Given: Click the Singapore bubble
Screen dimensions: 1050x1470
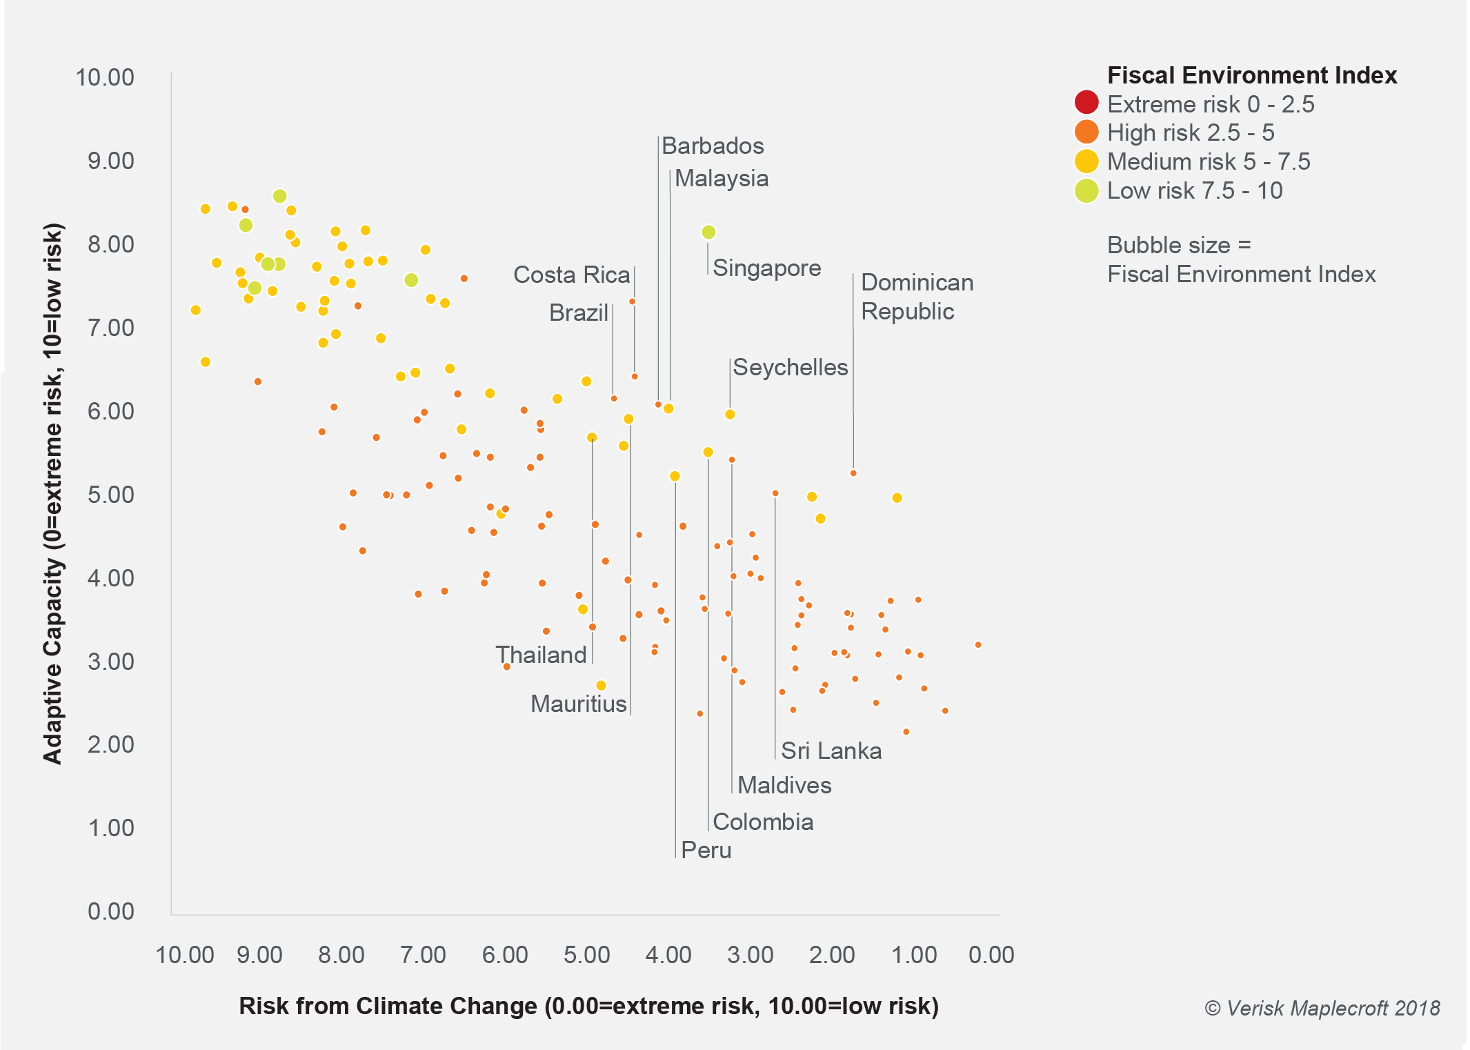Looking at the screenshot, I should [708, 232].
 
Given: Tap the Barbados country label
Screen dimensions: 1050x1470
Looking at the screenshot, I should [712, 146].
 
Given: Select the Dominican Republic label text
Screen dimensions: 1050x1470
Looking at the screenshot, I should [916, 297].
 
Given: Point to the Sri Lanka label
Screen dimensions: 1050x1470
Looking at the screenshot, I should [831, 751].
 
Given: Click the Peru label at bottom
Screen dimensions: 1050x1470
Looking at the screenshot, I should [705, 850].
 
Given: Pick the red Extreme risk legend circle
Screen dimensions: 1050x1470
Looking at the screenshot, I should [1086, 103].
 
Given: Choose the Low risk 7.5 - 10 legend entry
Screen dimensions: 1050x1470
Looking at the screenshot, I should [1193, 190].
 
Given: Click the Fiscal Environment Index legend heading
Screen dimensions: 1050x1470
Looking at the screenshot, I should [1251, 75].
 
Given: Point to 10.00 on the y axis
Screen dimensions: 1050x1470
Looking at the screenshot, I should [105, 77].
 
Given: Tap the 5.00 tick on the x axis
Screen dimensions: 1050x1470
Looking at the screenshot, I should [586, 955].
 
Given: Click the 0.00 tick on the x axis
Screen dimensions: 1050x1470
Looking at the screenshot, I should [991, 955].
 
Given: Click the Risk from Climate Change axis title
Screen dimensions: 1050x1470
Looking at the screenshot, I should [588, 1006].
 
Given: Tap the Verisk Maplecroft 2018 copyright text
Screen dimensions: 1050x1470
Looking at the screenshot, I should [1322, 1008].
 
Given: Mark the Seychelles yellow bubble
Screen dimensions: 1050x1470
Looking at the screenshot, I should [730, 415].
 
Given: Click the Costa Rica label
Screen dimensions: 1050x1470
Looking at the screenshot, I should [571, 275].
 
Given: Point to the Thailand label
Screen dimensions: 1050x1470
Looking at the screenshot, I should [541, 655].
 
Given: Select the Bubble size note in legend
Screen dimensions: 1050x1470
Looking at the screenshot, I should [1240, 259].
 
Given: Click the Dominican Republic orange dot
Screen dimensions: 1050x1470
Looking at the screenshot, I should [853, 473].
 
